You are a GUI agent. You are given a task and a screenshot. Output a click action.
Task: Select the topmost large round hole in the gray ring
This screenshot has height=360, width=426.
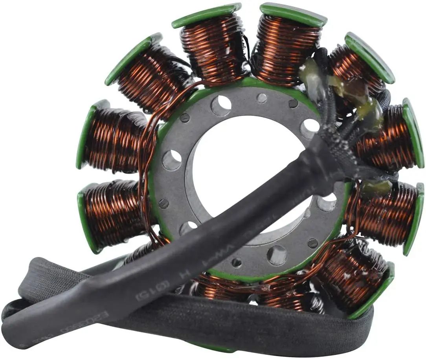(x=221, y=104)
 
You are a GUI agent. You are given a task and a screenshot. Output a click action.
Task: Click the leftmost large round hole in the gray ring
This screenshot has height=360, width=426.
(x=172, y=160)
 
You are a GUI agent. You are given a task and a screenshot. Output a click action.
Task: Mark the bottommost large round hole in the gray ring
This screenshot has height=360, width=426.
(x=277, y=255)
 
